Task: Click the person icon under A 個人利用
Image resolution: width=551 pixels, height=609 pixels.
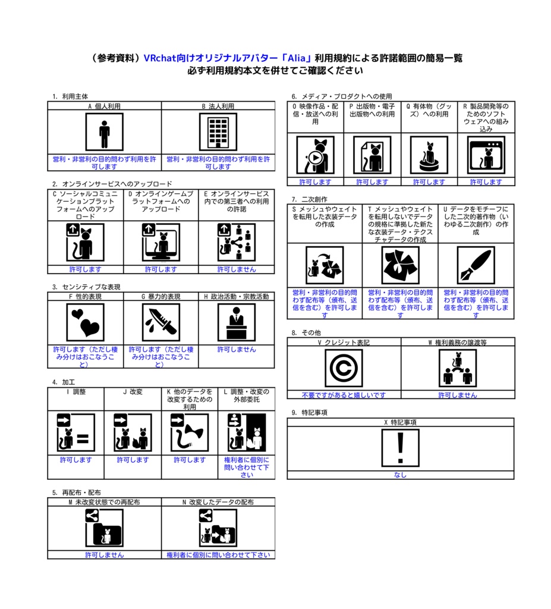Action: pyautogui.click(x=104, y=132)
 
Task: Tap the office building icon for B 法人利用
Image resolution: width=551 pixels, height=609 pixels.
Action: pyautogui.click(x=218, y=132)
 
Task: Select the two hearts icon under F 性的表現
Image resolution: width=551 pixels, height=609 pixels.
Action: pyautogui.click(x=85, y=322)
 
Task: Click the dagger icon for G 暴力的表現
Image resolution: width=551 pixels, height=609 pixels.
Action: pyautogui.click(x=160, y=322)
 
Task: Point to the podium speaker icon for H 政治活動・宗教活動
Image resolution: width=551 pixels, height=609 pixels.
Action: pyautogui.click(x=237, y=322)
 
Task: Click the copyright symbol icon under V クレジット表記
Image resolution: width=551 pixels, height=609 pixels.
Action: pyautogui.click(x=344, y=368)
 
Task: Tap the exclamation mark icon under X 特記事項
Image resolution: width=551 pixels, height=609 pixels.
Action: pyautogui.click(x=401, y=448)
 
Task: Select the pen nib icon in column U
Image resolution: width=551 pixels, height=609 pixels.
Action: pyautogui.click(x=476, y=265)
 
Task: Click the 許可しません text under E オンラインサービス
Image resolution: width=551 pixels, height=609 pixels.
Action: pyautogui.click(x=237, y=269)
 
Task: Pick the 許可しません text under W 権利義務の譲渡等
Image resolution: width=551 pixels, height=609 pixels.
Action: pyautogui.click(x=458, y=395)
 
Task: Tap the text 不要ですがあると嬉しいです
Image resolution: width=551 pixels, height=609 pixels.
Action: pyautogui.click(x=344, y=395)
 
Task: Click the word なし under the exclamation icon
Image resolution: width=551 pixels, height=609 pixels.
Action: pyautogui.click(x=401, y=475)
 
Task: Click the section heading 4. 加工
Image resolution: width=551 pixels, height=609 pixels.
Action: pyautogui.click(x=63, y=382)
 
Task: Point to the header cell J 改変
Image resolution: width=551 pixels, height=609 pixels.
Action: pyautogui.click(x=133, y=392)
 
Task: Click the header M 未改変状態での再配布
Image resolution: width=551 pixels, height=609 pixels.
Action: pyautogui.click(x=104, y=502)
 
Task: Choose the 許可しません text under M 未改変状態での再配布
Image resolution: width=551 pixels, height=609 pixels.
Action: pyautogui.click(x=104, y=555)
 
